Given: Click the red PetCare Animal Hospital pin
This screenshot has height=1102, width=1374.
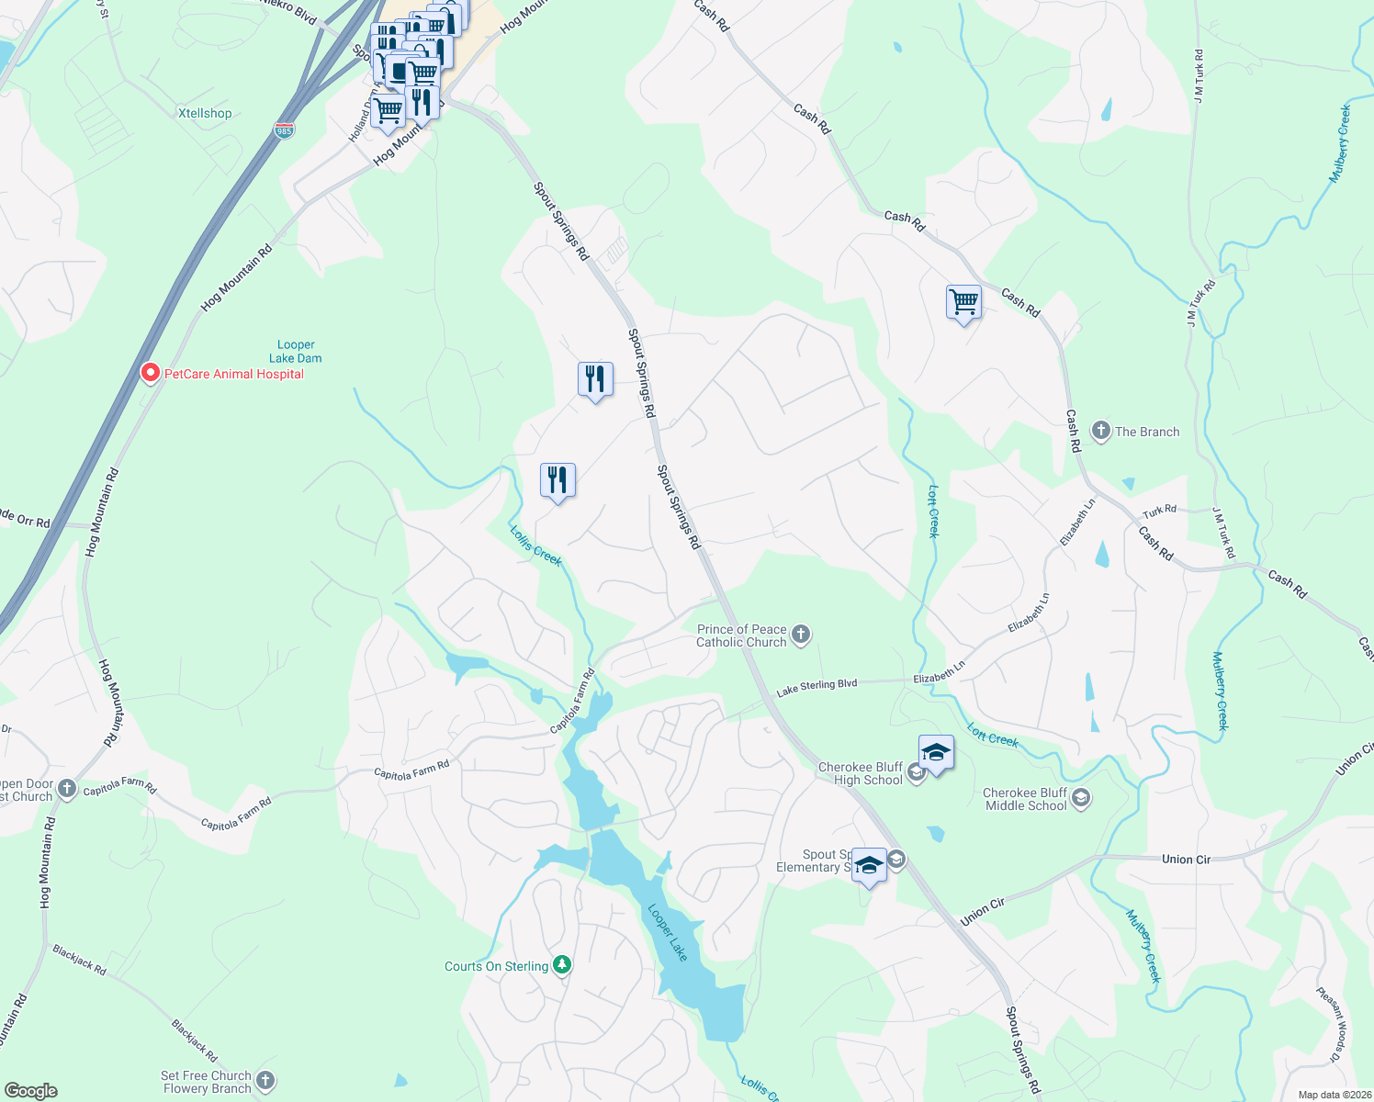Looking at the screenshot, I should pos(152,374).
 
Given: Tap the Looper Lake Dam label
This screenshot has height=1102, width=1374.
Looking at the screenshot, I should pos(295,352).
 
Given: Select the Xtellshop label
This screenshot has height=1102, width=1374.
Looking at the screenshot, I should pos(205,113).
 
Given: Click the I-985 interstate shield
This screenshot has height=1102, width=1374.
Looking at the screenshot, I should pos(284,131).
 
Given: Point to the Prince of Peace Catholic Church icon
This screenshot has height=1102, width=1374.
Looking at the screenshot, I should pos(801,635).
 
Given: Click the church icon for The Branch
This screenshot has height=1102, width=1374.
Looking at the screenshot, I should pos(1100,431).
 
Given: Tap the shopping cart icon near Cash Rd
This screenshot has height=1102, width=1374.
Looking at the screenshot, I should pos(963,301).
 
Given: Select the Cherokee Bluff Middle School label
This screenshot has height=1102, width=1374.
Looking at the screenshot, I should pos(1025,799).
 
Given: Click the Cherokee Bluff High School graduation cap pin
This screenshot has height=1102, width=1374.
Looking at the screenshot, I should pos(935,753).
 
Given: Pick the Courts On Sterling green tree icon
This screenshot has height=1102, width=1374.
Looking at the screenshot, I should pos(562,965).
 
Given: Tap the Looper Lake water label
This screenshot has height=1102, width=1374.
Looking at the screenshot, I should pos(668,933).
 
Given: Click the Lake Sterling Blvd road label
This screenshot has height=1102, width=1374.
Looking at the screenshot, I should pos(817,686).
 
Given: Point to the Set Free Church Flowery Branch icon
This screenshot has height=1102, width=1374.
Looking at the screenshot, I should pos(265,1081).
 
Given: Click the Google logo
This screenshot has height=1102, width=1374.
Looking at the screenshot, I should pos(31,1091).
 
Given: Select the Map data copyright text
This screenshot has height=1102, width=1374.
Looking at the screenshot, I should pos(1335,1095).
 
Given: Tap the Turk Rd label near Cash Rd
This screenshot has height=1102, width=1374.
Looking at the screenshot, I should pos(1159,511).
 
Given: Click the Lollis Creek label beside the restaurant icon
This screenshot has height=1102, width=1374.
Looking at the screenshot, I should pos(535,545).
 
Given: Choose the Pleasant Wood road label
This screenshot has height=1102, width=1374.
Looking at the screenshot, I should pos(1331,1025).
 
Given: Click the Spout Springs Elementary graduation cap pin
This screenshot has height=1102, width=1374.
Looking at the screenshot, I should pos(869,865).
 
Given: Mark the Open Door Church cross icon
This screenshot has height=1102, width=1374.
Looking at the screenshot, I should pos(67,789).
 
